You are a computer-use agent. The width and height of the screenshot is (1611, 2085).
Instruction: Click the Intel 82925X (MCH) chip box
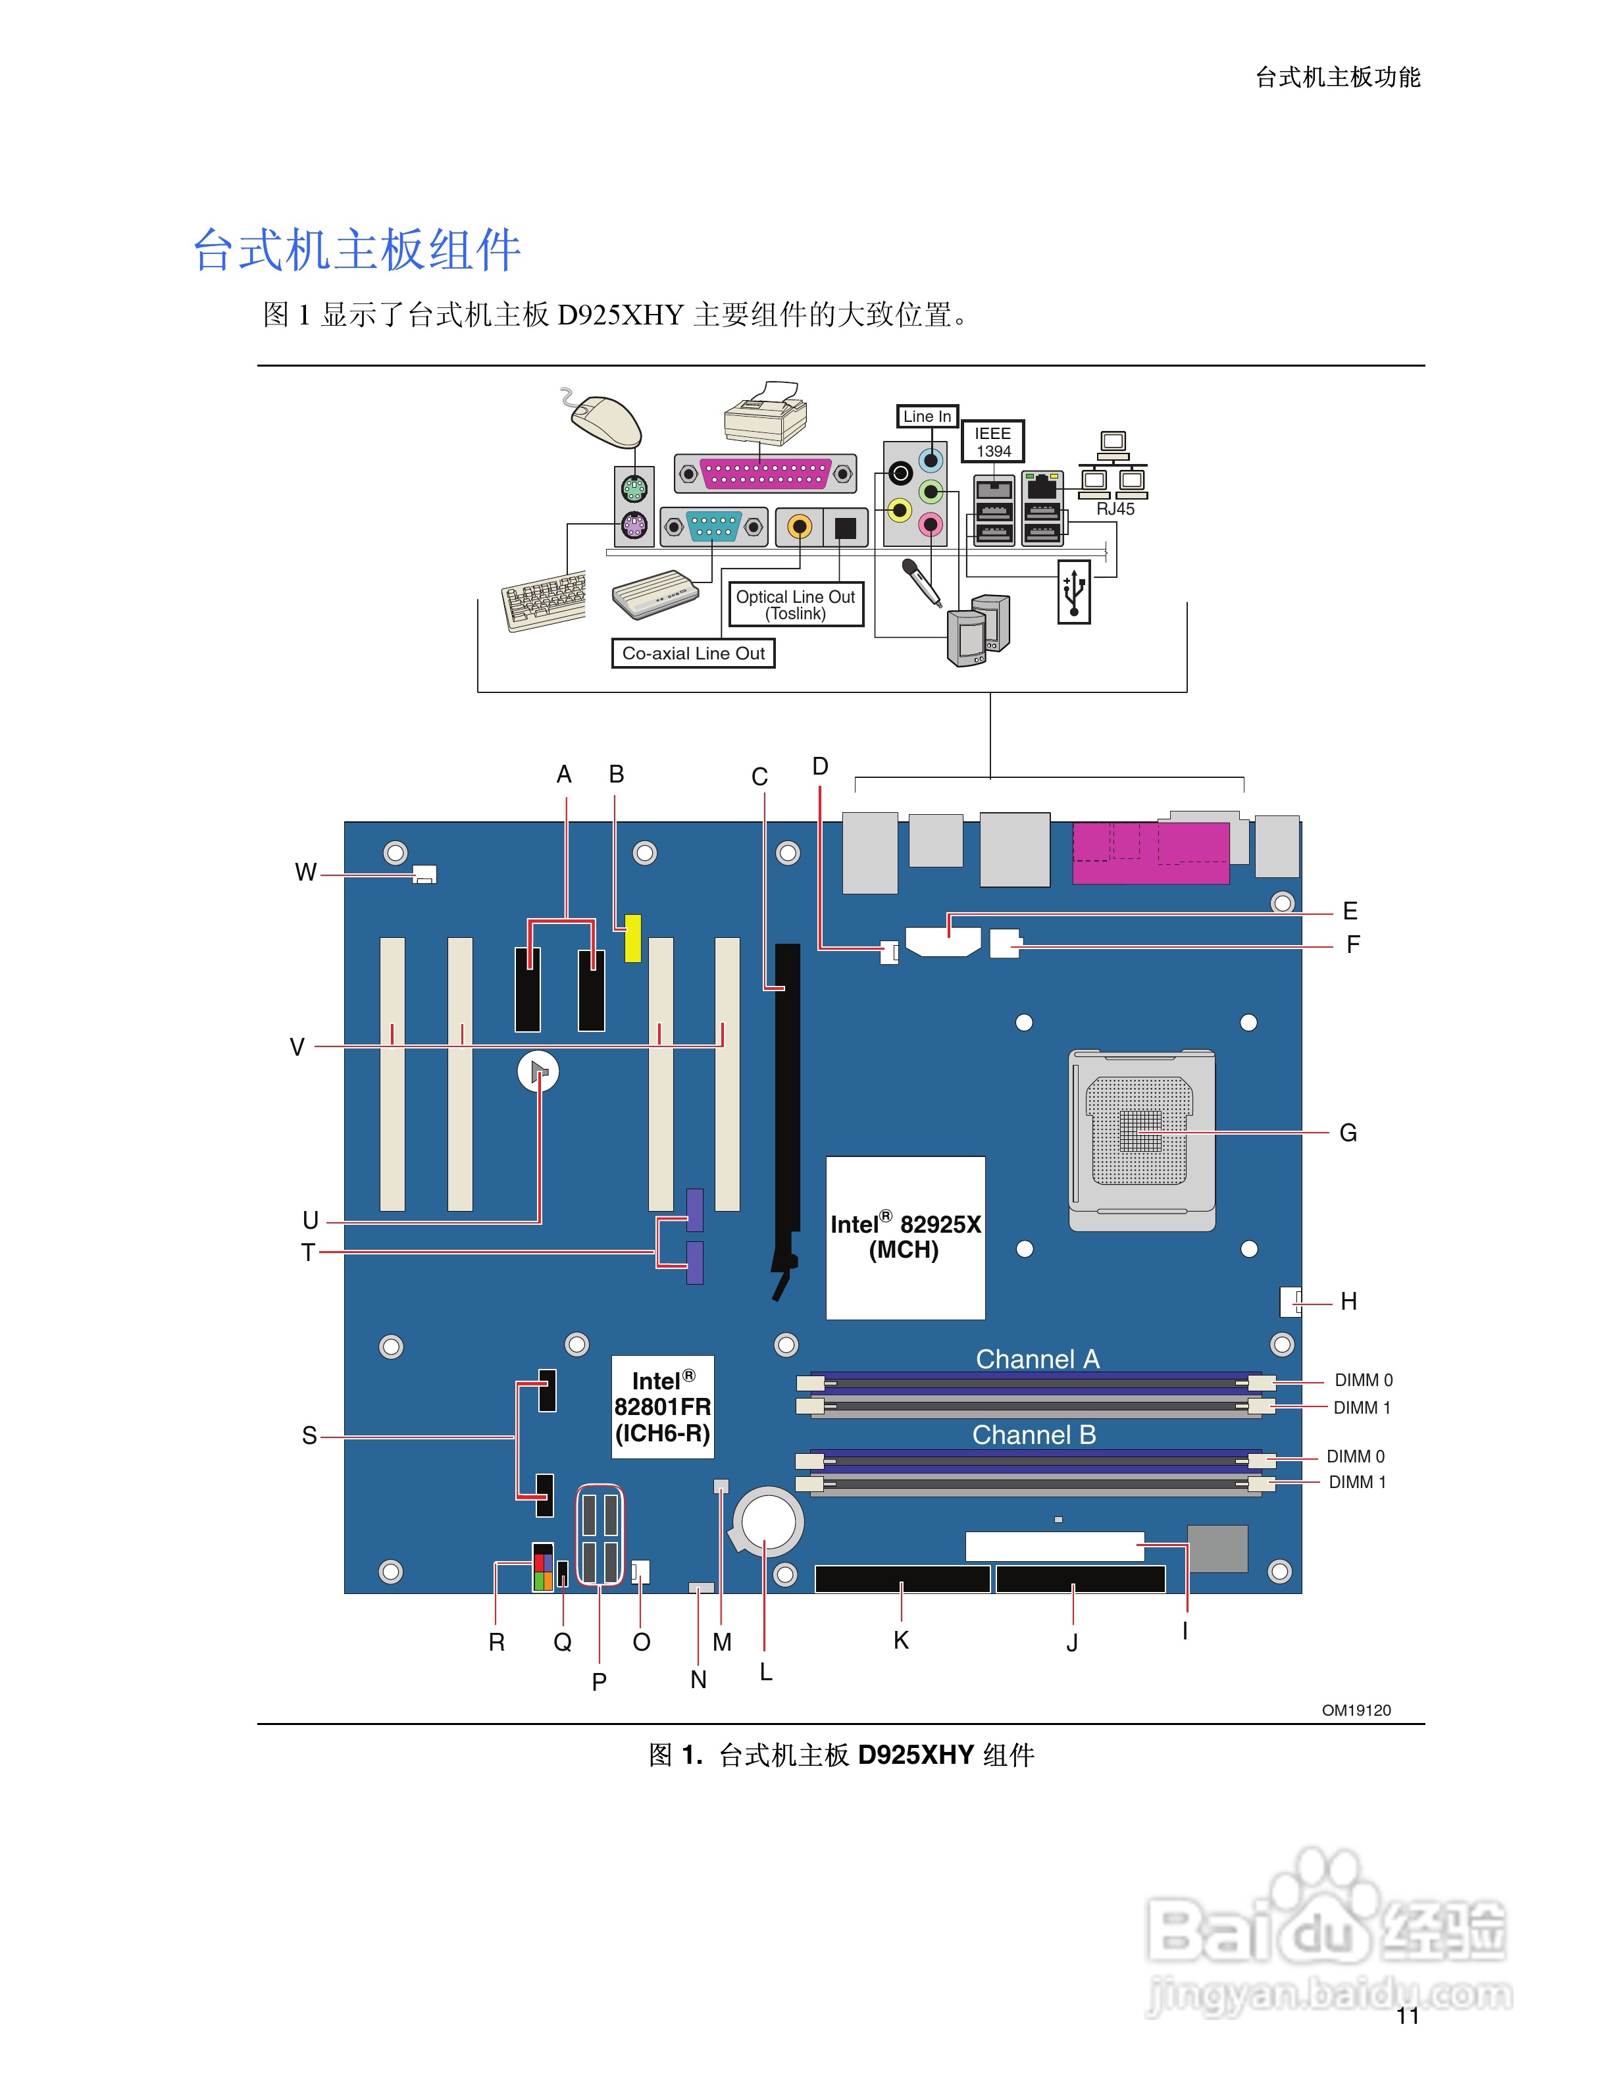tap(905, 1237)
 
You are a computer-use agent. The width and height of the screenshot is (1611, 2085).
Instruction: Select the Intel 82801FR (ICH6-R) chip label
tap(662, 1406)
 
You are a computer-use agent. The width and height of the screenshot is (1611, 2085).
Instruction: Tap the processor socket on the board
tap(1141, 1140)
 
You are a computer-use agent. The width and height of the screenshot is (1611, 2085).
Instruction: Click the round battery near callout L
tap(767, 1521)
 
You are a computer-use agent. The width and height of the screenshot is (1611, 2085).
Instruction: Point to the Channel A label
tap(1037, 1358)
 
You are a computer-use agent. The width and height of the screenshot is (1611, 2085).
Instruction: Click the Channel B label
tap(1034, 1435)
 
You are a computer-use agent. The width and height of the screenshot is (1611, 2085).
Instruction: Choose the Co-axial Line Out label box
tap(693, 654)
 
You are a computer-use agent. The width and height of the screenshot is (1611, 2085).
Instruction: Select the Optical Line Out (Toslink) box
tap(795, 604)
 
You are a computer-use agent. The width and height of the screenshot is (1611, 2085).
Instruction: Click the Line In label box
tap(927, 416)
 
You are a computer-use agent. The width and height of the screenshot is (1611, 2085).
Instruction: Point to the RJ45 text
tap(1115, 510)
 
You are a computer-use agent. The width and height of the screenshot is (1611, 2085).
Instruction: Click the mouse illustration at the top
tap(604, 420)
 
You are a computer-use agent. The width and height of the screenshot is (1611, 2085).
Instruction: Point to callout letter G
tap(1348, 1133)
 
